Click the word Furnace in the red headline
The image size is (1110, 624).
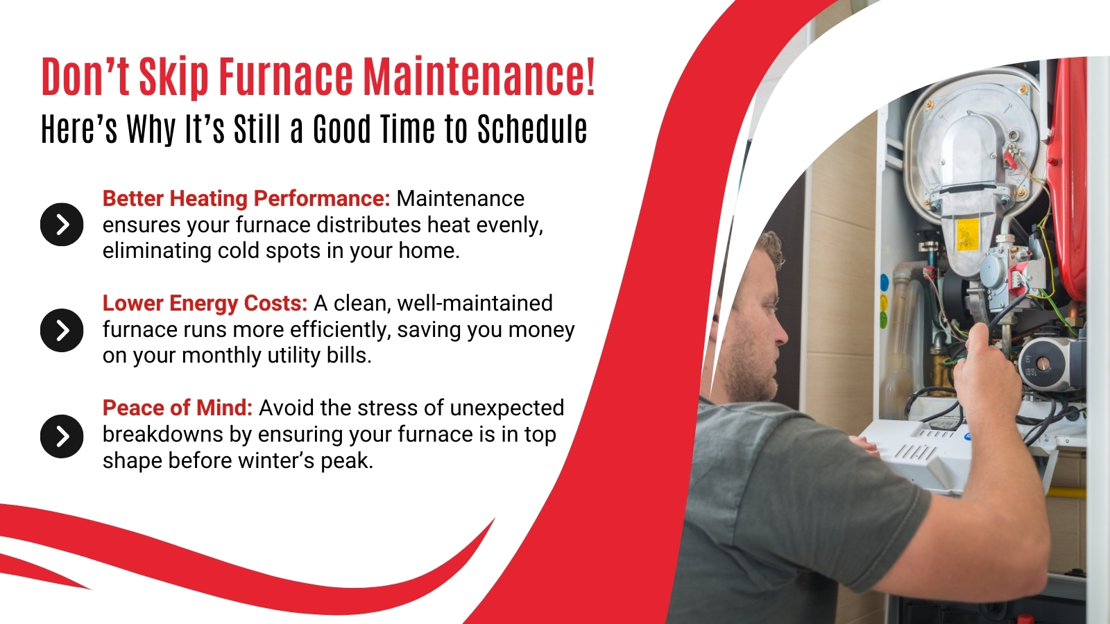point(286,77)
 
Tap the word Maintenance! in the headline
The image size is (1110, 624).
point(479,77)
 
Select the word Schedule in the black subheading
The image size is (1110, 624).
point(532,129)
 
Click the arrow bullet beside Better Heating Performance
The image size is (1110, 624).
point(62,225)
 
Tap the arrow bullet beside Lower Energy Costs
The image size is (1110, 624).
point(62,330)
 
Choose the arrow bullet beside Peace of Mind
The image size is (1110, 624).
point(62,436)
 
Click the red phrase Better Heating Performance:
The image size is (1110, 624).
point(246,199)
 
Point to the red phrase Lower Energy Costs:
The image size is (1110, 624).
point(205,304)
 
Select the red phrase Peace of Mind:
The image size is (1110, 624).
point(178,408)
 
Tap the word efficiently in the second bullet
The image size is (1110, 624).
point(341,330)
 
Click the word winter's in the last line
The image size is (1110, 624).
point(276,460)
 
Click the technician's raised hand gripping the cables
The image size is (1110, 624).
point(986,369)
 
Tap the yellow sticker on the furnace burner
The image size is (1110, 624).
point(968,234)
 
